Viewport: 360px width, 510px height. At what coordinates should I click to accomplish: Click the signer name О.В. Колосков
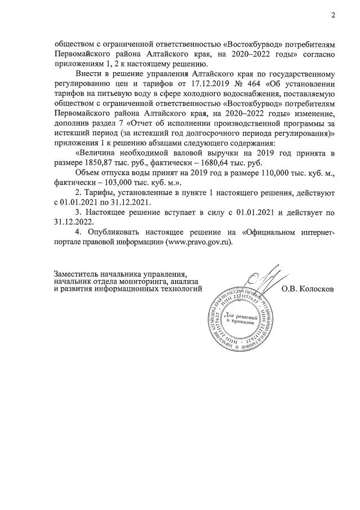click(308, 289)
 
